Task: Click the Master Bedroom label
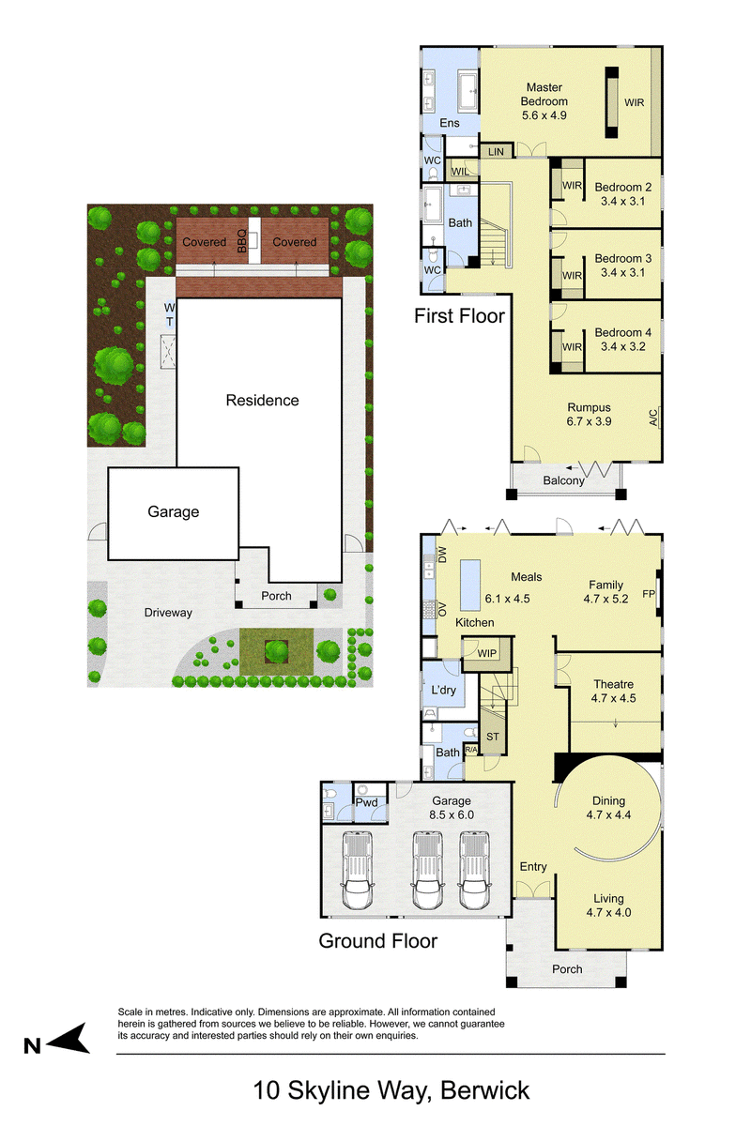544,94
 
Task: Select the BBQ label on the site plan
242,241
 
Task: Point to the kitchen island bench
469,585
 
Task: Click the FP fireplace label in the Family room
649,594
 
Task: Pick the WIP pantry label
486,653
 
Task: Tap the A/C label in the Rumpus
653,418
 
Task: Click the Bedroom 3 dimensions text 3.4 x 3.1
622,272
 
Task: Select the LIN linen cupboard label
496,151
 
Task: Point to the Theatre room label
613,684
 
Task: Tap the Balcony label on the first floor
563,480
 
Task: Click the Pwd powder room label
366,802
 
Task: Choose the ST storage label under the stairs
493,737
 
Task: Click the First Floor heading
459,315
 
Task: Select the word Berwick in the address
485,1090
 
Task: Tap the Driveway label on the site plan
168,613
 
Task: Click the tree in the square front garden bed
276,652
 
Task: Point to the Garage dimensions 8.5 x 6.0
452,814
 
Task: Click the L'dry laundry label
443,690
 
